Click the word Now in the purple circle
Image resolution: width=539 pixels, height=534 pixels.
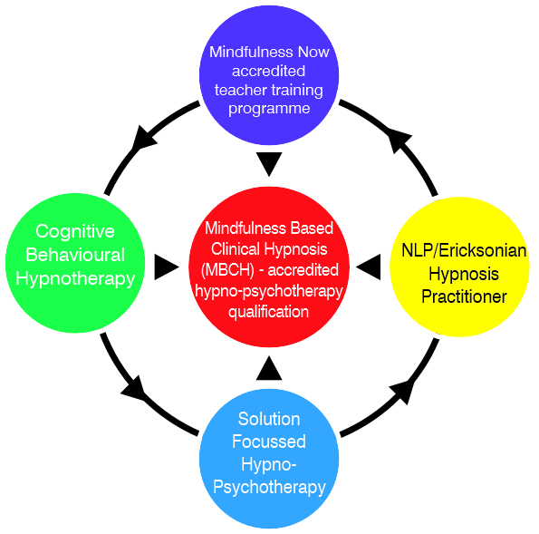click(x=313, y=53)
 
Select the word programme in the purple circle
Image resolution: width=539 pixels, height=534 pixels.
click(x=269, y=110)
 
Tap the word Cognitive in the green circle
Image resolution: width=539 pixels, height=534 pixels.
click(x=75, y=231)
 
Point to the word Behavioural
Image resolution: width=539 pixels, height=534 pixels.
click(x=75, y=255)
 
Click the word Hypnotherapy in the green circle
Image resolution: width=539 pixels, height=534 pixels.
click(x=75, y=279)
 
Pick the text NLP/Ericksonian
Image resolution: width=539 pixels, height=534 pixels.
click(x=464, y=250)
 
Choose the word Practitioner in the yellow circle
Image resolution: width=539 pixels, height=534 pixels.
click(x=464, y=296)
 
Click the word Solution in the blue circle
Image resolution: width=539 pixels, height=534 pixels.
click(x=269, y=419)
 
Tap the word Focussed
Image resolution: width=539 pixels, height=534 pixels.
click(x=269, y=442)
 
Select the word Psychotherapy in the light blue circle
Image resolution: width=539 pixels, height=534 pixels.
click(x=269, y=488)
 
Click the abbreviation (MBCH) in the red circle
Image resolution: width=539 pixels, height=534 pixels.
click(x=227, y=270)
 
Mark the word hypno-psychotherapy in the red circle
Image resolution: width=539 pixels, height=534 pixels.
click(x=269, y=292)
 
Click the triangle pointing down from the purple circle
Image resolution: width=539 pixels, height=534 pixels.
click(x=269, y=164)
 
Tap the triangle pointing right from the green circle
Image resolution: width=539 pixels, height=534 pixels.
click(x=167, y=267)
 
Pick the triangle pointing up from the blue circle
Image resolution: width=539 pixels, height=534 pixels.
click(x=269, y=368)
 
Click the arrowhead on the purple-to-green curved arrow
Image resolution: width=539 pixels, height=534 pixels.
click(x=143, y=139)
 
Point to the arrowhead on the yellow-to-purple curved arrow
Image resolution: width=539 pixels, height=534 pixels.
click(x=399, y=141)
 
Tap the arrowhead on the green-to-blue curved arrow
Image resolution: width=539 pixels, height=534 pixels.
click(x=135, y=390)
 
